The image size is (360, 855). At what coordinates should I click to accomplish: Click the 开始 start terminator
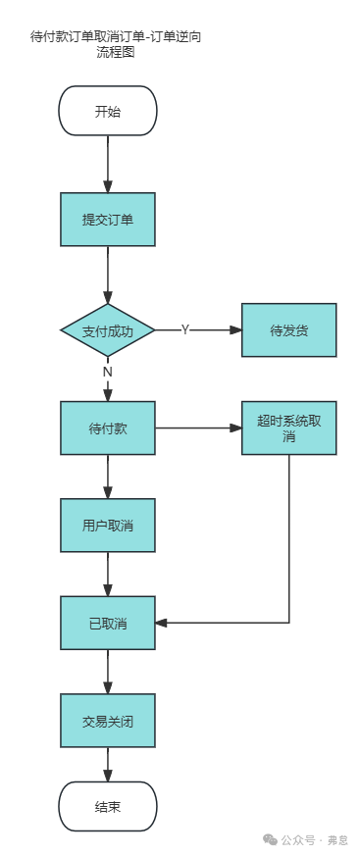(x=108, y=111)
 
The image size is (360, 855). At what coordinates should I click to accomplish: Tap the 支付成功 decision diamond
(x=108, y=330)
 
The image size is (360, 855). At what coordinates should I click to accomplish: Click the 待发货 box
(x=289, y=330)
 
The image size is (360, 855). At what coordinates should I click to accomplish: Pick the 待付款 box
(x=108, y=428)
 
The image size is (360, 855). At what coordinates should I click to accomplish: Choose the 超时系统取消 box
(x=289, y=428)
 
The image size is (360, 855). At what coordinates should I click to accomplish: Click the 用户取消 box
(x=108, y=526)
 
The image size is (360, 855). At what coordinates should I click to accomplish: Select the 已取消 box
(x=108, y=623)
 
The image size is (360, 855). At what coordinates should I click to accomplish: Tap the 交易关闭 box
(x=108, y=721)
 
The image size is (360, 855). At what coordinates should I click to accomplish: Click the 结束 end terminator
(x=108, y=806)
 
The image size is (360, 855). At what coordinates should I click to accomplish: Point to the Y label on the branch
(x=184, y=330)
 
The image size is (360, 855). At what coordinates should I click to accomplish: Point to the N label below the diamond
(x=108, y=372)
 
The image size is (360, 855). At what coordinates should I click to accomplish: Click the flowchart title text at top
(x=123, y=44)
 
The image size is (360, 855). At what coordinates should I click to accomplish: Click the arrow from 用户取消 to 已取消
(x=108, y=575)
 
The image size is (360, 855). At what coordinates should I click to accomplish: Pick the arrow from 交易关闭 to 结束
(x=108, y=764)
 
